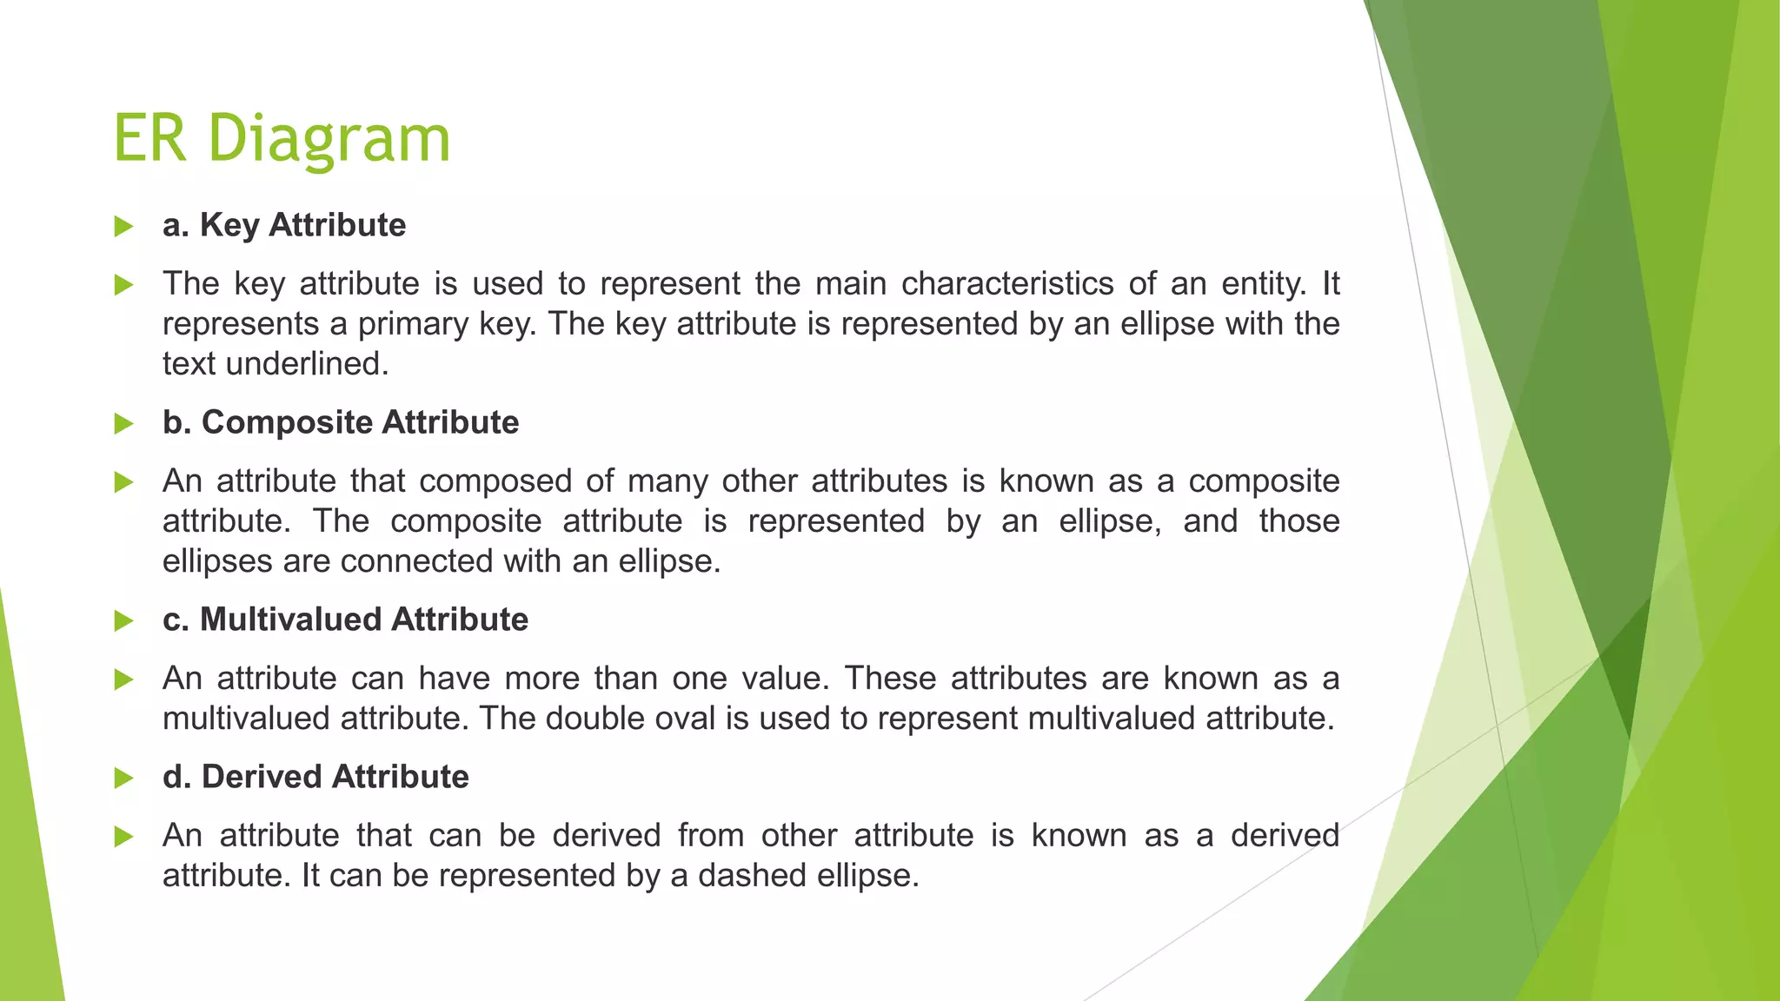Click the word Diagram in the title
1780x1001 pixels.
coord(329,139)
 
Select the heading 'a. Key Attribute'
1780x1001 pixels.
coord(284,225)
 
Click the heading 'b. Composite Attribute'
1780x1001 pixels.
coord(341,422)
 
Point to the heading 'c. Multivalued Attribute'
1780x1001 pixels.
coord(345,620)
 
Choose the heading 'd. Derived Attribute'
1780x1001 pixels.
coord(315,777)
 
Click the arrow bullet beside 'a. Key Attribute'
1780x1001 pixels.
coord(123,227)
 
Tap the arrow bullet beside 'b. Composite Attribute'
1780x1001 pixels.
coord(123,424)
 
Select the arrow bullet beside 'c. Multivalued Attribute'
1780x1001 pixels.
coord(123,621)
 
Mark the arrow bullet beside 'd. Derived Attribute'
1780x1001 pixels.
coord(123,779)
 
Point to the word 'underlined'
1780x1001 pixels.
coord(307,364)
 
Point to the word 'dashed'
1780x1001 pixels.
coord(752,876)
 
